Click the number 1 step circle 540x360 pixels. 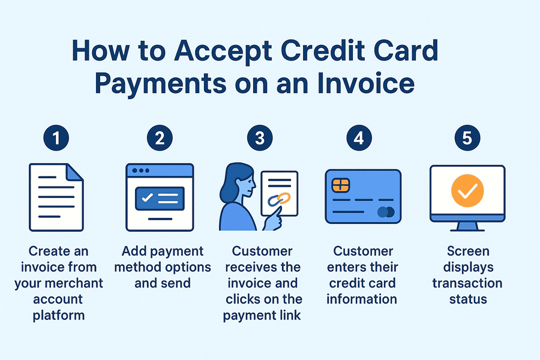56,138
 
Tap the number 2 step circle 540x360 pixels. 160,138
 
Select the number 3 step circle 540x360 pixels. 260,138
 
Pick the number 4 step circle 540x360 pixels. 359,138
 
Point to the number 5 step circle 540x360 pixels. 467,138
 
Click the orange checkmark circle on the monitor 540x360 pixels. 467,191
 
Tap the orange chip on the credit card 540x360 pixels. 341,185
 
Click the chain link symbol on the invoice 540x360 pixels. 279,199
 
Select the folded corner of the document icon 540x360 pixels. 75,172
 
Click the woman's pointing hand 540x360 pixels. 273,219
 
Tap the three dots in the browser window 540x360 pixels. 141,170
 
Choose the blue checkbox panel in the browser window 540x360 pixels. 160,199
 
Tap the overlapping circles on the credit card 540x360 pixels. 386,212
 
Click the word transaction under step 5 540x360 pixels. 467,283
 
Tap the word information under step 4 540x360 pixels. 362,299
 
